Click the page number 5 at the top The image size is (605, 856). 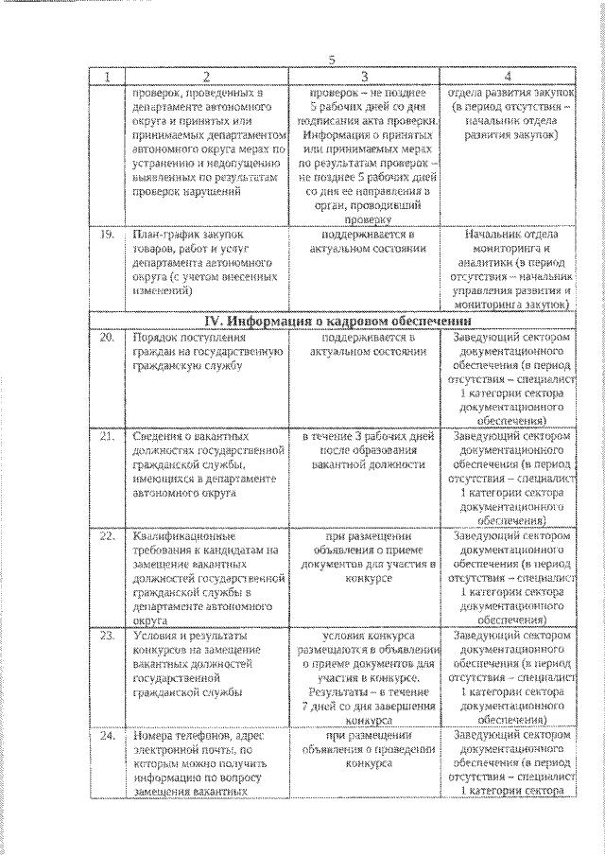pyautogui.click(x=331, y=60)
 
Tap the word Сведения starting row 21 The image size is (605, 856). pyautogui.click(x=161, y=437)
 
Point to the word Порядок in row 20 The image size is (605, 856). pyautogui.click(x=158, y=337)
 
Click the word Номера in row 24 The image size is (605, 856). pyautogui.click(x=156, y=735)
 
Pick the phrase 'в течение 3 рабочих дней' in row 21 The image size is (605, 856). pyautogui.click(x=367, y=437)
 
